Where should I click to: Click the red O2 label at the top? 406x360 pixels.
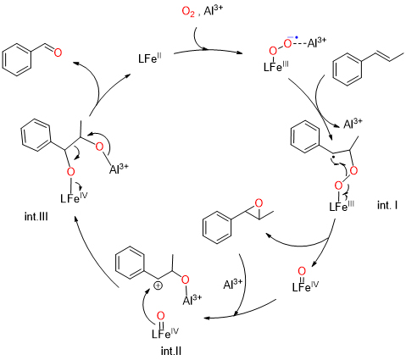click(x=188, y=13)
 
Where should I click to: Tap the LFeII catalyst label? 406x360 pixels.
click(x=150, y=59)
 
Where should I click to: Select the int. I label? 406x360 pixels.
click(x=387, y=205)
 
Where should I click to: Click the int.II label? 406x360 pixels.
click(x=171, y=352)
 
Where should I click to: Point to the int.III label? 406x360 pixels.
click(x=36, y=217)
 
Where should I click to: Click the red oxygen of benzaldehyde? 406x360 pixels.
click(x=58, y=53)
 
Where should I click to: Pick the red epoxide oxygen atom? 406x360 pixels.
click(x=259, y=203)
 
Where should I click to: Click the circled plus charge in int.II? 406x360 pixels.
click(x=158, y=285)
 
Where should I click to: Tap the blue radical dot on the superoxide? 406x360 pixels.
click(x=297, y=37)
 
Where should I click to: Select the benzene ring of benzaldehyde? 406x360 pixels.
click(x=16, y=60)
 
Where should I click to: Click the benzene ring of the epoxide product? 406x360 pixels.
click(x=217, y=228)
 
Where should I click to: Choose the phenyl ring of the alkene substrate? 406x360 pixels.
click(x=348, y=69)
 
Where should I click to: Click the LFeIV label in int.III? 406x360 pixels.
click(x=74, y=197)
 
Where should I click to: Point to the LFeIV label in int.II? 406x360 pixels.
click(x=165, y=333)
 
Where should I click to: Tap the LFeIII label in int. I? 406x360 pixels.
click(x=342, y=206)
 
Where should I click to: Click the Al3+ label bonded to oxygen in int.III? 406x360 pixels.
click(x=119, y=169)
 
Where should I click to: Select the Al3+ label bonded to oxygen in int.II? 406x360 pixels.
click(x=192, y=300)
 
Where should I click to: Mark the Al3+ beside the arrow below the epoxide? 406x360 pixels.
click(x=233, y=284)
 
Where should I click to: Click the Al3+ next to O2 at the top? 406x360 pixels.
click(x=213, y=12)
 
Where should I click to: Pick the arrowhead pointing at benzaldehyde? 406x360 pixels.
click(x=75, y=63)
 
